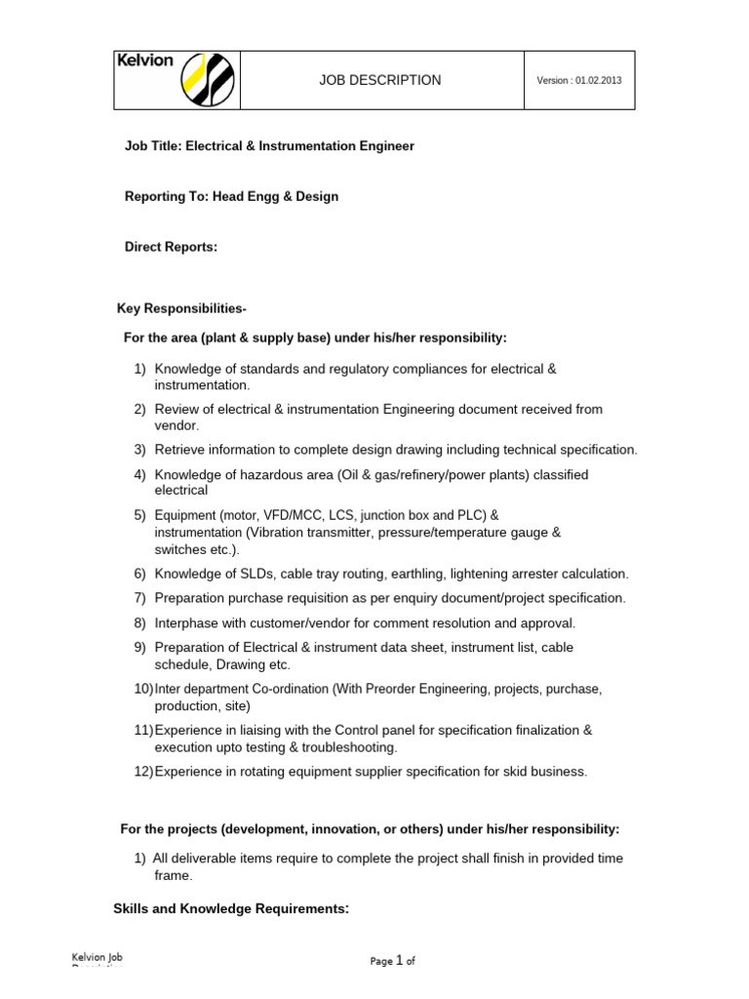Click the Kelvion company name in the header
point(145,60)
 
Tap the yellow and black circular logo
point(208,80)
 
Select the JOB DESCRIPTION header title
point(381,80)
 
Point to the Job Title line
point(269,146)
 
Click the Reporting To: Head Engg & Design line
point(231,197)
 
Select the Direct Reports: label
point(171,248)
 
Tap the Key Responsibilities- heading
point(181,309)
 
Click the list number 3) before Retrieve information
point(139,450)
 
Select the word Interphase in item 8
point(186,622)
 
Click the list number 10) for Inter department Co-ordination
point(143,689)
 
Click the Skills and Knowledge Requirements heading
point(231,909)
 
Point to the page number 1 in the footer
point(400,961)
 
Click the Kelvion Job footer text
point(99,959)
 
